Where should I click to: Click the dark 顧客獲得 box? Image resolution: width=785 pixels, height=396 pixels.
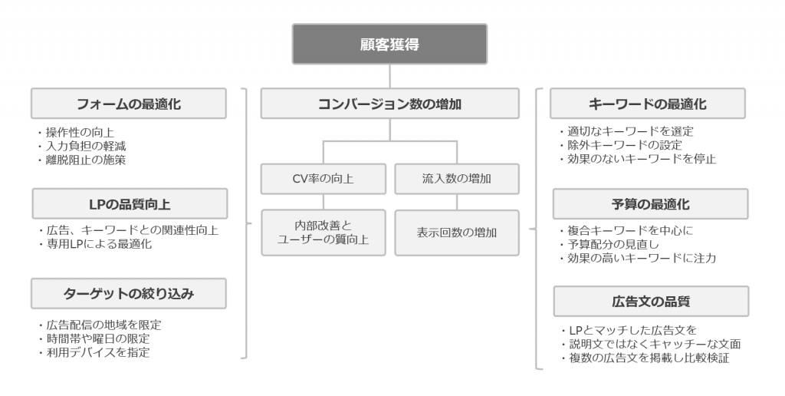[x=389, y=44]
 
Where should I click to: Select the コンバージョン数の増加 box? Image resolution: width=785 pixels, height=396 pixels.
[x=389, y=104]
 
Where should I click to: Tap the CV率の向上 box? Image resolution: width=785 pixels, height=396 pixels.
[x=323, y=179]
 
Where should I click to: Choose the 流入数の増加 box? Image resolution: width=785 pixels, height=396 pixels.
[x=457, y=179]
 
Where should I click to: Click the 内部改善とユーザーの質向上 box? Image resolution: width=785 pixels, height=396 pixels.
[x=323, y=233]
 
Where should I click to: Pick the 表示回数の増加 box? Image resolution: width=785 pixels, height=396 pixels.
[x=457, y=233]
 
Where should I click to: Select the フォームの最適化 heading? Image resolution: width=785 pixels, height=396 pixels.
[x=129, y=104]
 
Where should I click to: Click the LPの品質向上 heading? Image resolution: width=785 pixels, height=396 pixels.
[x=129, y=203]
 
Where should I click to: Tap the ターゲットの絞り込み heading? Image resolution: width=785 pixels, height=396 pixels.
[x=129, y=292]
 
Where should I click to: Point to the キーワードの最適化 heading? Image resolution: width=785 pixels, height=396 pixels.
[x=649, y=104]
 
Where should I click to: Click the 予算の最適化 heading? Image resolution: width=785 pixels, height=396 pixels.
[x=649, y=203]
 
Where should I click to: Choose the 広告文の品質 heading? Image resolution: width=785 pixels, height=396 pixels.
[x=649, y=301]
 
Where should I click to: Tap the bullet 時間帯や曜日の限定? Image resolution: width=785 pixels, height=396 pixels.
[x=92, y=338]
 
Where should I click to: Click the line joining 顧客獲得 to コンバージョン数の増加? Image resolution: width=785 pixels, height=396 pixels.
[x=389, y=76]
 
